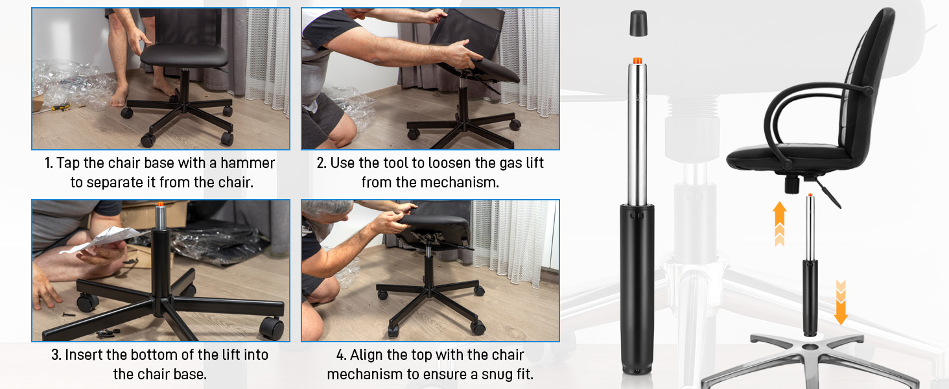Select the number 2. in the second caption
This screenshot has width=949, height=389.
pyautogui.click(x=322, y=163)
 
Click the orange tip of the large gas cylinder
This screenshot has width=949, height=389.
pyautogui.click(x=637, y=60)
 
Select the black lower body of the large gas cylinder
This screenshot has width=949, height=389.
pyautogui.click(x=637, y=285)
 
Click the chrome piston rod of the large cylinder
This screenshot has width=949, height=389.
pyautogui.click(x=637, y=130)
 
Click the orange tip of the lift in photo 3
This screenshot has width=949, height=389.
pyautogui.click(x=161, y=205)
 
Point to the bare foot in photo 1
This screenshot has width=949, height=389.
pyautogui.click(x=119, y=97)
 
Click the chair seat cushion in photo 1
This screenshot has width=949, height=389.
pyautogui.click(x=184, y=55)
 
